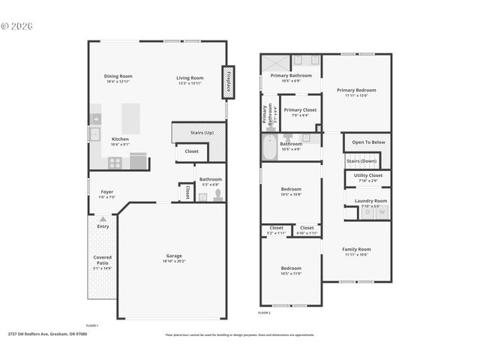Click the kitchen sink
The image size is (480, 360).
[x=95, y=134]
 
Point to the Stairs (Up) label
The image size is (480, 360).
[x=202, y=133]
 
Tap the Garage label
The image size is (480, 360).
[x=174, y=255]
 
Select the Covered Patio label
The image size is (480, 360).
[x=102, y=260]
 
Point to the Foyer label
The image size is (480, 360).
[x=106, y=192]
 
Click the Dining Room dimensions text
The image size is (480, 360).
[x=118, y=82]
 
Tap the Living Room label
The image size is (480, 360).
[x=190, y=77]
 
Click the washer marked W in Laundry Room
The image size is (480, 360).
[x=382, y=213]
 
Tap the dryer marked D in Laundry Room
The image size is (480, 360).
[x=367, y=213]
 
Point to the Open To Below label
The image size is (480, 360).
[x=368, y=142]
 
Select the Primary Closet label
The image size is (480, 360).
[x=300, y=109]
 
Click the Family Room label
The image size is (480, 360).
[x=356, y=249]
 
